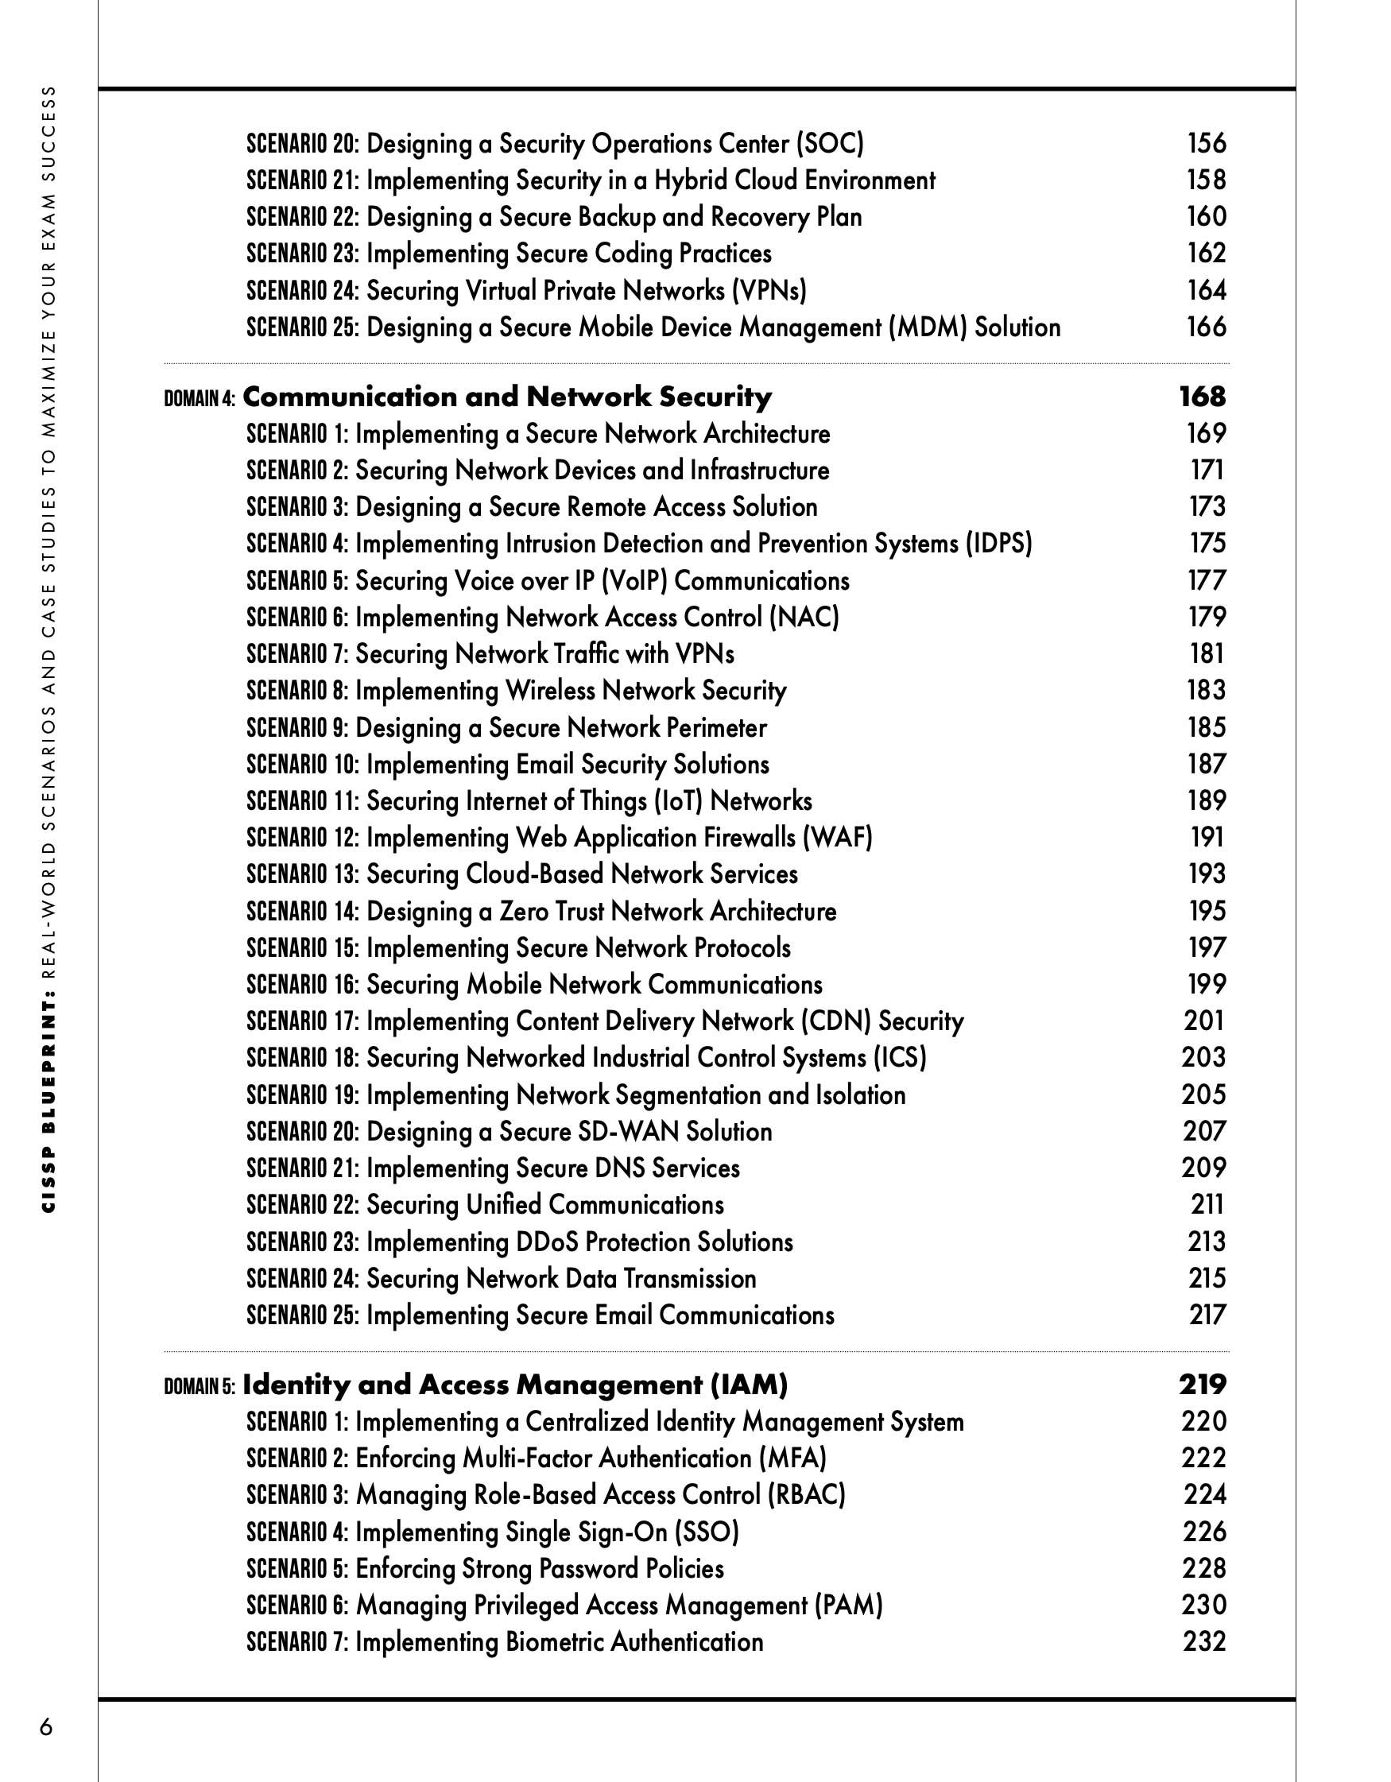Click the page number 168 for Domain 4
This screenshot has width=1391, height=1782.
[x=1202, y=397]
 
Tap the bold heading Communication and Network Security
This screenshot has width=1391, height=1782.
[x=506, y=397]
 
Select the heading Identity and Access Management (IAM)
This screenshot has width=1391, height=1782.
[x=515, y=1385]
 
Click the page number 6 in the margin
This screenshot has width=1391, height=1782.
[x=47, y=1726]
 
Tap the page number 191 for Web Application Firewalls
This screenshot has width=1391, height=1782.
[x=1207, y=837]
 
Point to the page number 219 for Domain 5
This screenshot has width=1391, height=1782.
[x=1202, y=1385]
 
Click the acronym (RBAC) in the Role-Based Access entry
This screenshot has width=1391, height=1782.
[x=805, y=1495]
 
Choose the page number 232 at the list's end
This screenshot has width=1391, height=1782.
[x=1204, y=1641]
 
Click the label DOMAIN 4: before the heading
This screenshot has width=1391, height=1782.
[x=200, y=399]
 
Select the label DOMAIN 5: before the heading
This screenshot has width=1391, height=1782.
[x=200, y=1386]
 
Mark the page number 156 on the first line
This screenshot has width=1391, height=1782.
[x=1206, y=144]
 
